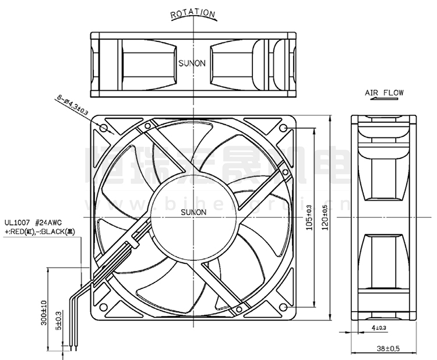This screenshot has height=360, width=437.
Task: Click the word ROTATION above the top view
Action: (193, 14)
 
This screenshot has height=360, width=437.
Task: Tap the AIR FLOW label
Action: (384, 93)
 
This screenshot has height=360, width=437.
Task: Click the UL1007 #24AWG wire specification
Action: (34, 222)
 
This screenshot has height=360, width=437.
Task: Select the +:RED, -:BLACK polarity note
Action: (40, 231)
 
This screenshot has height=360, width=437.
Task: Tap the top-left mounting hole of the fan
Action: (104, 127)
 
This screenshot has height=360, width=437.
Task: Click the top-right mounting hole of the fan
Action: (283, 127)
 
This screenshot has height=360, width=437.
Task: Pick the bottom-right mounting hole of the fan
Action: (283, 306)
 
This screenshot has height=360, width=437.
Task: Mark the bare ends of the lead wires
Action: (73, 346)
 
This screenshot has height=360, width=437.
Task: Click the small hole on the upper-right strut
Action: (284, 173)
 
